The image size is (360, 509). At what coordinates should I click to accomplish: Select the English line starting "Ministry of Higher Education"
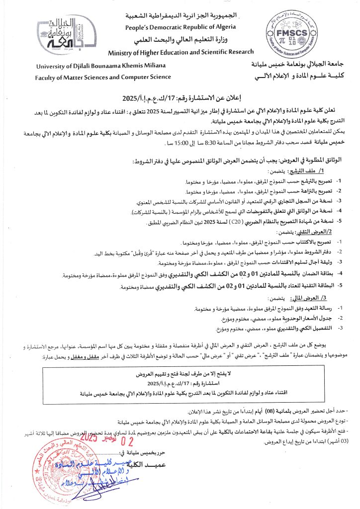180,52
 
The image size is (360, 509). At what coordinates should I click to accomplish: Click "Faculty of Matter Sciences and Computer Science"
103,77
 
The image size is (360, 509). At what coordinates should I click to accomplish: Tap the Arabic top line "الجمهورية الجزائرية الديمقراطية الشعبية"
180,17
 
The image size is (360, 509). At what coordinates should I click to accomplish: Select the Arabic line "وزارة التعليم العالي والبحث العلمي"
180,40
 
